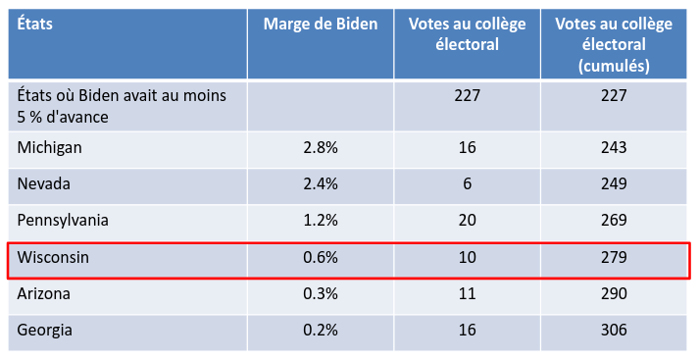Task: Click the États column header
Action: [x=34, y=24]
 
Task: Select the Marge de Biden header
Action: [x=321, y=25]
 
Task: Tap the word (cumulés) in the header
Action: [x=614, y=66]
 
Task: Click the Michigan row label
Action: [x=49, y=148]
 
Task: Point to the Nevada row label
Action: [x=44, y=183]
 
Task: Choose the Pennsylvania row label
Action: [x=63, y=221]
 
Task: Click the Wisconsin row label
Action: [x=53, y=257]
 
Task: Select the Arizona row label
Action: [x=44, y=293]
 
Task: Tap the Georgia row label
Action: [x=44, y=331]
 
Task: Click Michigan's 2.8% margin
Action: [x=321, y=148]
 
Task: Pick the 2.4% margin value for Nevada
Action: [x=321, y=183]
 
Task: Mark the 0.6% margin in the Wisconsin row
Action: [x=321, y=257]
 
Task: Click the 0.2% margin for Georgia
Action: [x=321, y=331]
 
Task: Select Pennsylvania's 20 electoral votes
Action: [x=468, y=221]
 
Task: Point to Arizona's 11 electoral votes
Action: [x=468, y=293]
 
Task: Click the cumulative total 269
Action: [x=614, y=221]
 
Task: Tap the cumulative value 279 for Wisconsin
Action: [x=614, y=257]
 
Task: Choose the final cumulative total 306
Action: [x=614, y=331]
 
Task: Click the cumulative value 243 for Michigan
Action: [x=614, y=148]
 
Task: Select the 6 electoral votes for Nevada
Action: [x=468, y=183]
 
